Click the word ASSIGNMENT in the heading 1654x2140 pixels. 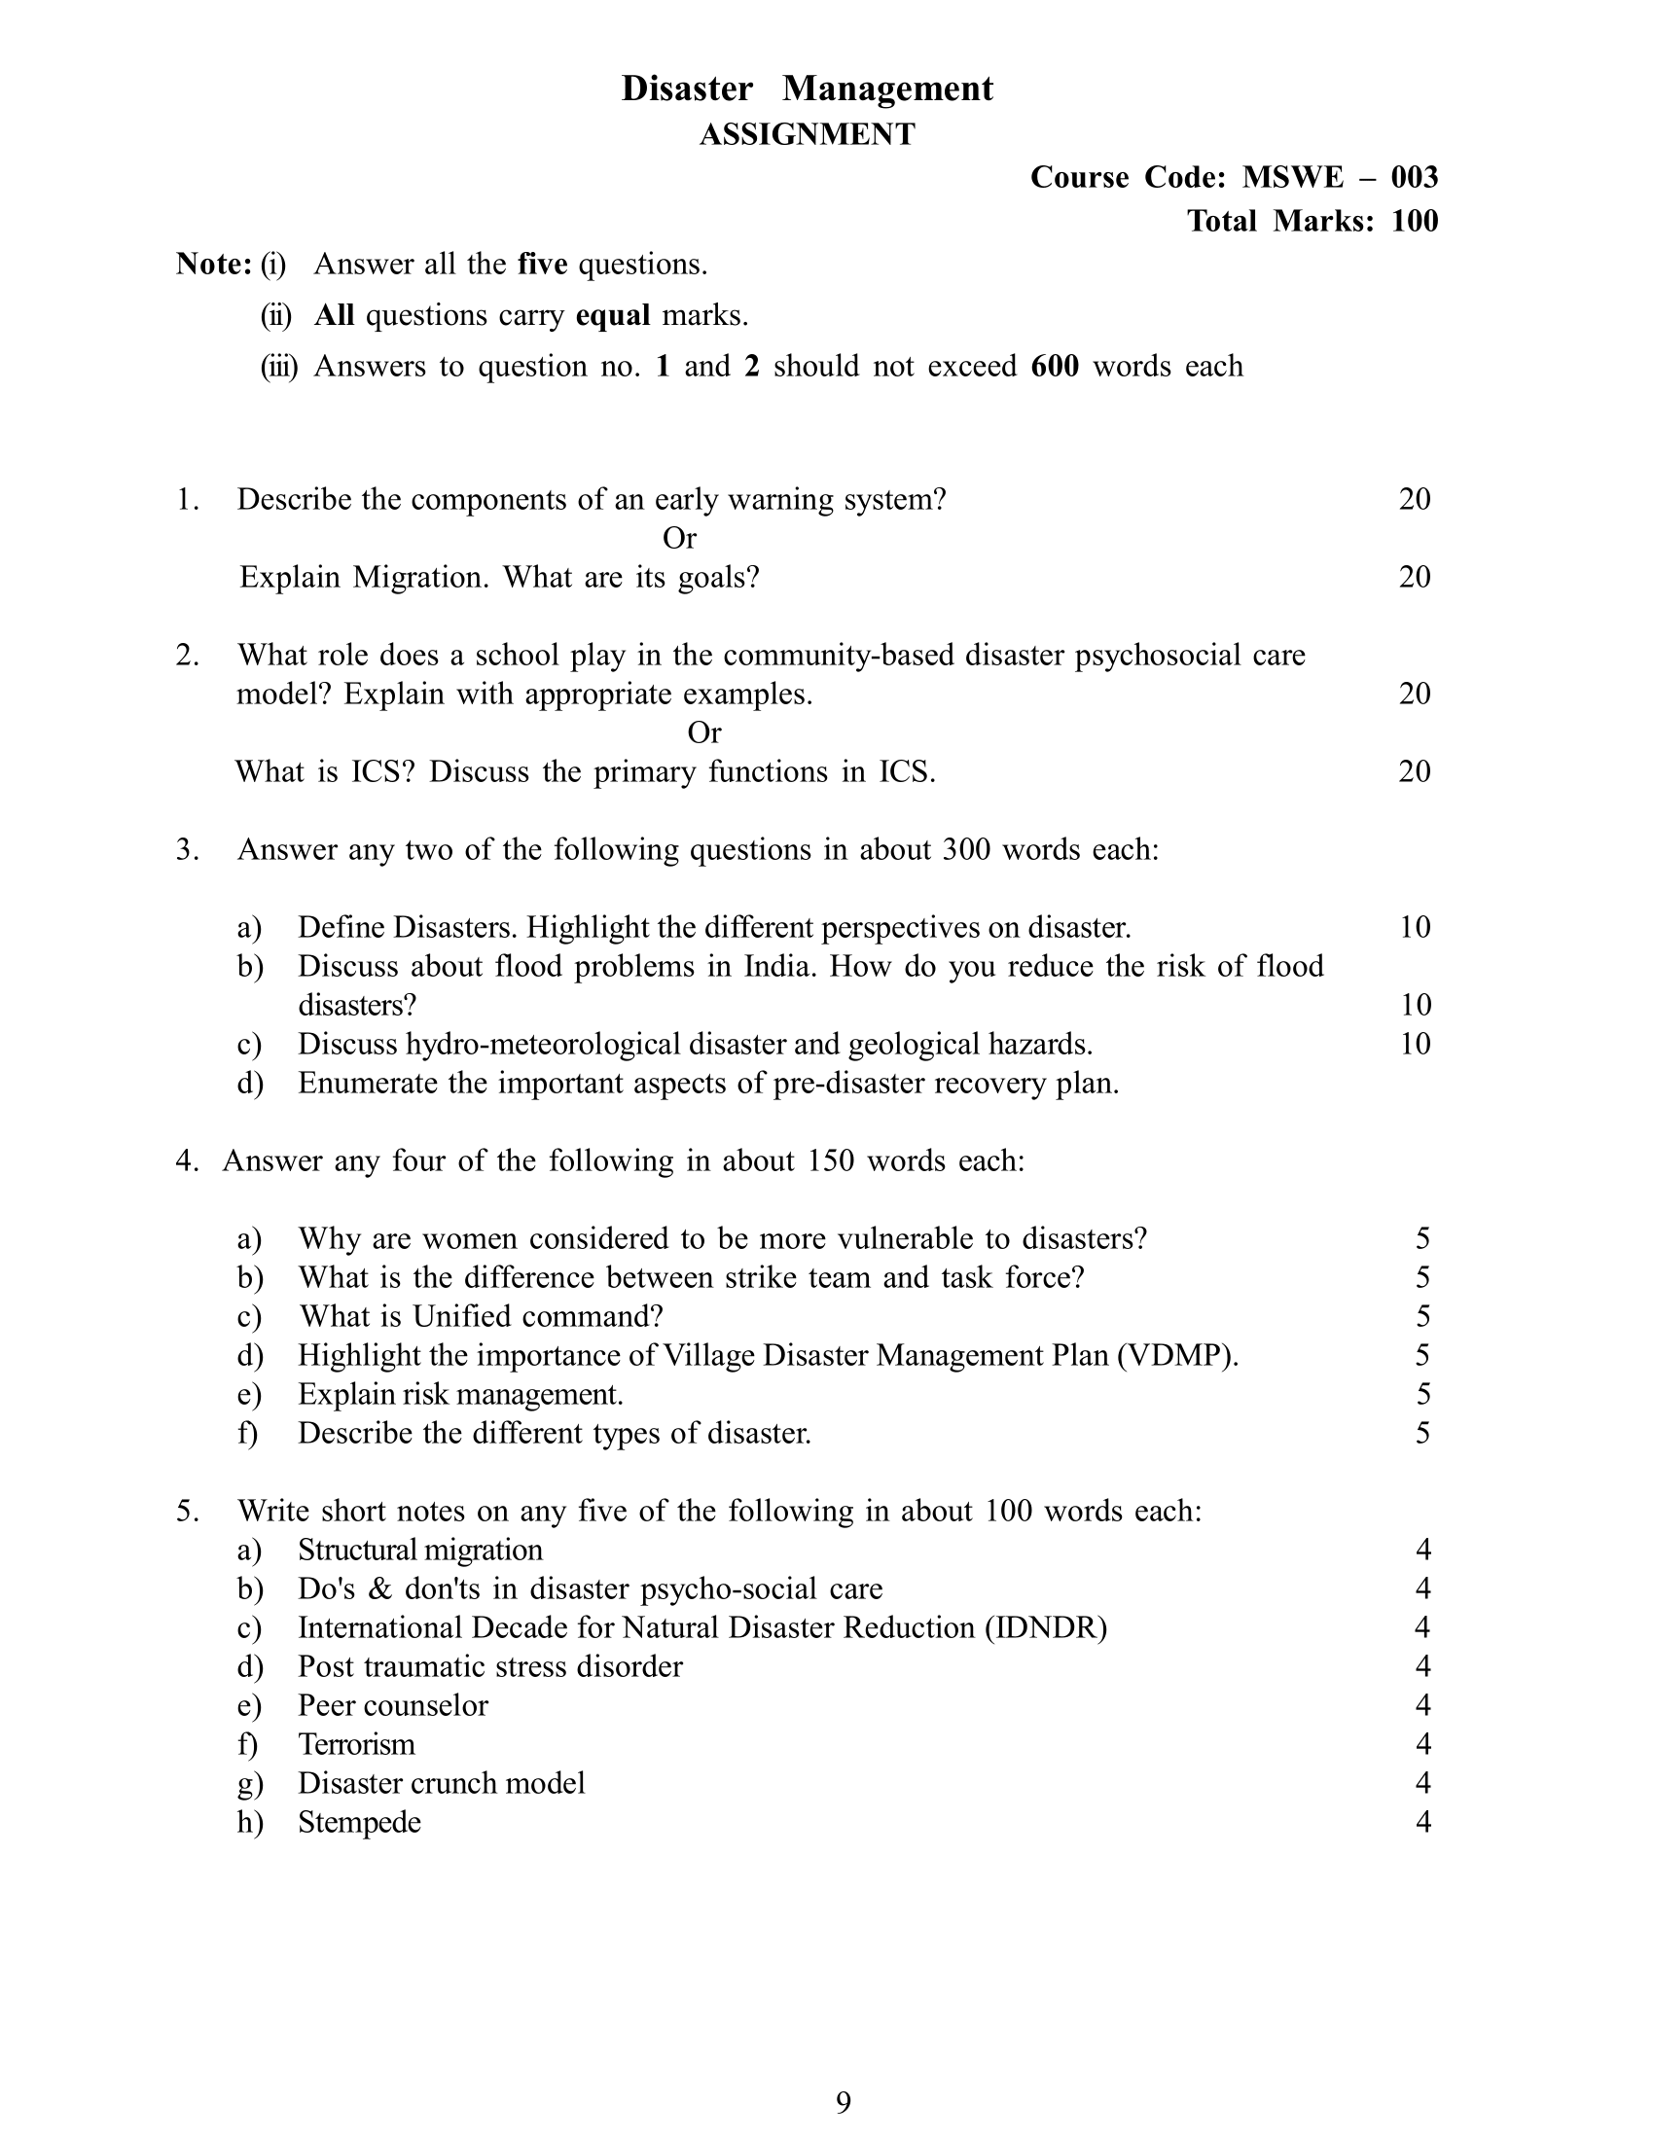pyautogui.click(x=807, y=134)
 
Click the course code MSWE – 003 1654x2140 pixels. pyautogui.click(x=1340, y=177)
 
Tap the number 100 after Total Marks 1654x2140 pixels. pyautogui.click(x=1414, y=221)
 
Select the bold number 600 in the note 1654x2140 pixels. pyautogui.click(x=1055, y=367)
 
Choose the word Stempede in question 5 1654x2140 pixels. pyautogui.click(x=360, y=1822)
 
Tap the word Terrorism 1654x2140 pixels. pyautogui.click(x=357, y=1744)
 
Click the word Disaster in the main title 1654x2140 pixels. pyautogui.click(x=687, y=89)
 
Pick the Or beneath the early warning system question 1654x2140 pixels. pyautogui.click(x=679, y=538)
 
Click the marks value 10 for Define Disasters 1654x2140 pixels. pyautogui.click(x=1415, y=927)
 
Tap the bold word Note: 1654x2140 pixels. pyautogui.click(x=215, y=265)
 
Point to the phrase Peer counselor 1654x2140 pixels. pyautogui.click(x=393, y=1705)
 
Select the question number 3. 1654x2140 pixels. pyautogui.click(x=187, y=849)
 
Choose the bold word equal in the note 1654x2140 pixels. pyautogui.click(x=612, y=315)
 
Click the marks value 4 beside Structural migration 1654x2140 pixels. pyautogui.click(x=1422, y=1550)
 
